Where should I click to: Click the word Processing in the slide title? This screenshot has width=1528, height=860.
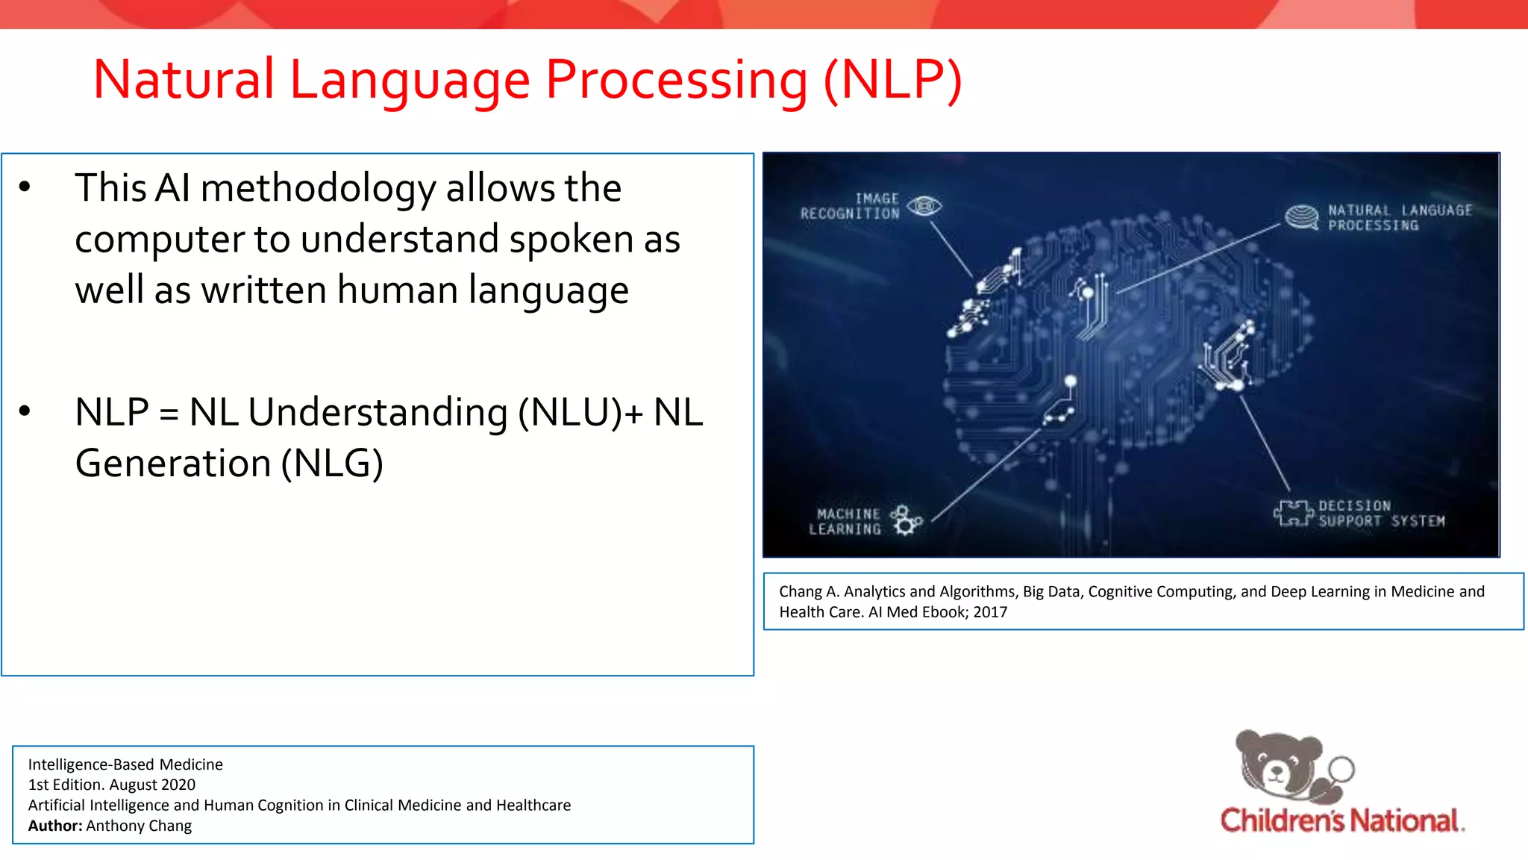click(676, 80)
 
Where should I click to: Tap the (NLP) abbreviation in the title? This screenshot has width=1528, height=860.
click(892, 80)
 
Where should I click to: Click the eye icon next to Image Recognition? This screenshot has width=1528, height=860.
click(925, 205)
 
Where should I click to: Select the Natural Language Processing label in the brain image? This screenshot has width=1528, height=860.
click(1399, 218)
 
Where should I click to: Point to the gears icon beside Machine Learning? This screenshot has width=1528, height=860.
click(906, 520)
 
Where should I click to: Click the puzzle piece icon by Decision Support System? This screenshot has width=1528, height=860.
click(1292, 514)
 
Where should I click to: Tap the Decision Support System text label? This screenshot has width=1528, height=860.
click(1380, 514)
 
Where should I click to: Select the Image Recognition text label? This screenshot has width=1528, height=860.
click(851, 206)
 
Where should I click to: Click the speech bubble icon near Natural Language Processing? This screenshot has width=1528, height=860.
click(1302, 217)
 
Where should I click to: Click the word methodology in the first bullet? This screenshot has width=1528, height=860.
click(318, 188)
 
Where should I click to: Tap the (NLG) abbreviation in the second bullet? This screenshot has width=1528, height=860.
click(332, 464)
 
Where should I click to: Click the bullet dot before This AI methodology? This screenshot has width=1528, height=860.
click(25, 187)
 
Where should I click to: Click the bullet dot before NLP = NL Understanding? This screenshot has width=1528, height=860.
click(25, 411)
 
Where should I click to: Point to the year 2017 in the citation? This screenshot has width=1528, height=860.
click(990, 612)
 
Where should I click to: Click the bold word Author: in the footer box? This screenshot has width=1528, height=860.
click(55, 826)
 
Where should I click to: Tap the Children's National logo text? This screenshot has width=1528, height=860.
click(1341, 820)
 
